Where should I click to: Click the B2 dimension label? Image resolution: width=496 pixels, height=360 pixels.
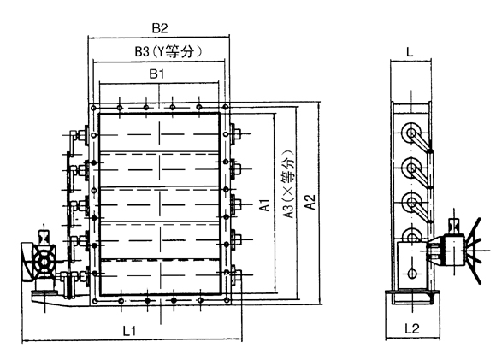[x=160, y=28]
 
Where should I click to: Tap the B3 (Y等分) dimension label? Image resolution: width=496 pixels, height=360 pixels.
[x=168, y=51]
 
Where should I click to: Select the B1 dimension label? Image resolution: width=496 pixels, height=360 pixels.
[x=156, y=74]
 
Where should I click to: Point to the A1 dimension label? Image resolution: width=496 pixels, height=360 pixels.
[x=265, y=204]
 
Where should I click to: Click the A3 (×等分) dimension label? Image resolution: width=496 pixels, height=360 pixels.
[x=288, y=184]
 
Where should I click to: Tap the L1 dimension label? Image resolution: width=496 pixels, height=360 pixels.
[x=129, y=331]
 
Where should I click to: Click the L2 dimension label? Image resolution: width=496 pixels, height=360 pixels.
[x=412, y=328]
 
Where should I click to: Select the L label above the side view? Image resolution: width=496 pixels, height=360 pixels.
[x=410, y=52]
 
